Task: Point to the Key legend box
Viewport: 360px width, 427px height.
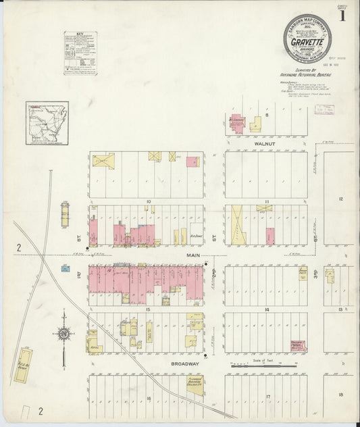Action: click(80, 52)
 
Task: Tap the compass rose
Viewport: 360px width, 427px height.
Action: click(63, 334)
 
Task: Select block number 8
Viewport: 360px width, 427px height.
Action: click(267, 116)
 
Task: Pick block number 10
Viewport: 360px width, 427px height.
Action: click(147, 202)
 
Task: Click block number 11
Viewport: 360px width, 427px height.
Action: click(267, 202)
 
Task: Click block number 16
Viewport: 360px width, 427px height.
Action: click(147, 399)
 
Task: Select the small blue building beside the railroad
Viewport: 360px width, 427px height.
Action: click(65, 268)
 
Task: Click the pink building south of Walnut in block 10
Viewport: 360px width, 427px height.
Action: click(192, 161)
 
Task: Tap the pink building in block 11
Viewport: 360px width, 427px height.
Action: click(270, 236)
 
